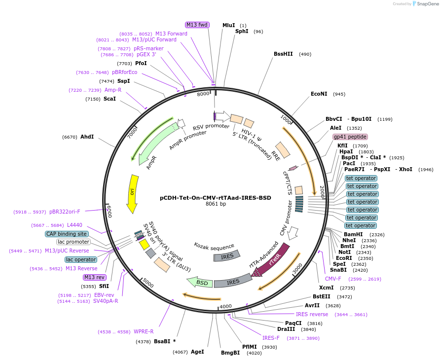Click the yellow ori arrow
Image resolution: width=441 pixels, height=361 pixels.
[132, 193]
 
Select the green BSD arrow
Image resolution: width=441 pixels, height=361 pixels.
[199, 282]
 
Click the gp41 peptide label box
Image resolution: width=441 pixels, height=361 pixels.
[350, 137]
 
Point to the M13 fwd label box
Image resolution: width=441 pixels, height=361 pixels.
[197, 25]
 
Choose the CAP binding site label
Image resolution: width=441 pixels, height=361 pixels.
[67, 234]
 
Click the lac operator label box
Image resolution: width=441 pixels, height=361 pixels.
[81, 259]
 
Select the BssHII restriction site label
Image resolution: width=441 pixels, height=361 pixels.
[283, 54]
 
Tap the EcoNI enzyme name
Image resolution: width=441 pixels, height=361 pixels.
[319, 94]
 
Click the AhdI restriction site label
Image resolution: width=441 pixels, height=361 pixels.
[87, 137]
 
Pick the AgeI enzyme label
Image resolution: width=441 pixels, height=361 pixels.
[197, 352]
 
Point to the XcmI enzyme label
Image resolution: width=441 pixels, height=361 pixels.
[326, 288]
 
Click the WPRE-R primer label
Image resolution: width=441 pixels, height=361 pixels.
[144, 332]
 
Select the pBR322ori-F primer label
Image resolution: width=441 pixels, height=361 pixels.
[65, 212]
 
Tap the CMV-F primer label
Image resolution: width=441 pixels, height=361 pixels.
[333, 279]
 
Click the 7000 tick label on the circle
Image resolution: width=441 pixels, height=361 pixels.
[132, 133]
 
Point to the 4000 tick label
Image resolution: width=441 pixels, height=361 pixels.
[225, 306]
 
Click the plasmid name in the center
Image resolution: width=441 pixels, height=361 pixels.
[216, 198]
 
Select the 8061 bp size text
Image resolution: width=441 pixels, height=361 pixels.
[216, 204]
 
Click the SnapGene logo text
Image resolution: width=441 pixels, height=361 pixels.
[428, 4]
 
